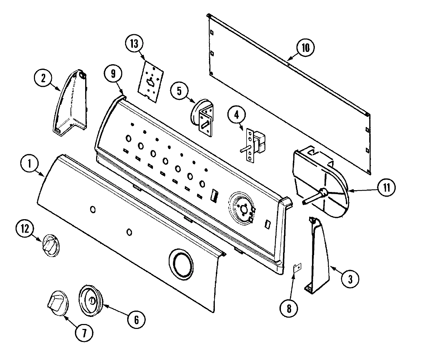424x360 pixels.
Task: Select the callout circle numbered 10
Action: pos(306,48)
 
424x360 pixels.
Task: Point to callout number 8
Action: pos(289,309)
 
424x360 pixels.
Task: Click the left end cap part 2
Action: pos(71,102)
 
